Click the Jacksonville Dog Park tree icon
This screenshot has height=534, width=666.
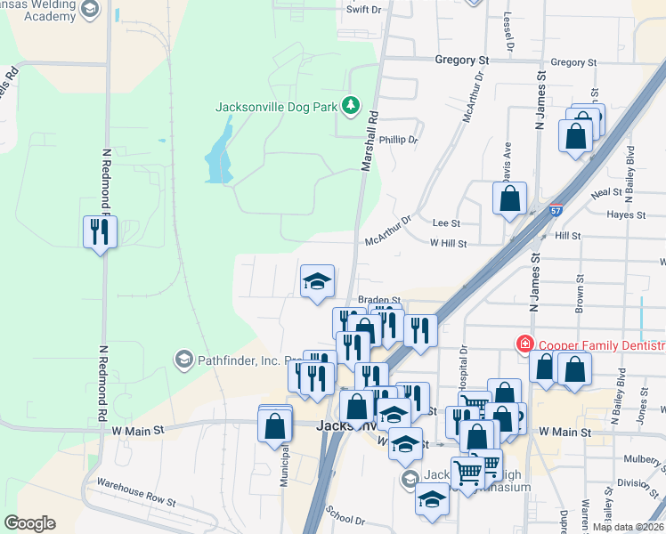tap(351, 107)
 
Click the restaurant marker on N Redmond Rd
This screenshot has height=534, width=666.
tap(99, 232)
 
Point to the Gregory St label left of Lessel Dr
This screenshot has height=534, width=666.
tap(462, 61)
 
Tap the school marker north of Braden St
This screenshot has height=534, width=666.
tap(317, 282)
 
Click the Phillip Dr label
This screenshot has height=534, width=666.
tap(398, 140)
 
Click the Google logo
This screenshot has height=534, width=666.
tap(29, 522)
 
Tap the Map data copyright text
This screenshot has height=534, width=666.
tap(628, 527)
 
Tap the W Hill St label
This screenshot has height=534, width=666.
tap(448, 242)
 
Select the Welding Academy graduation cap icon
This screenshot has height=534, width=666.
tap(88, 10)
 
